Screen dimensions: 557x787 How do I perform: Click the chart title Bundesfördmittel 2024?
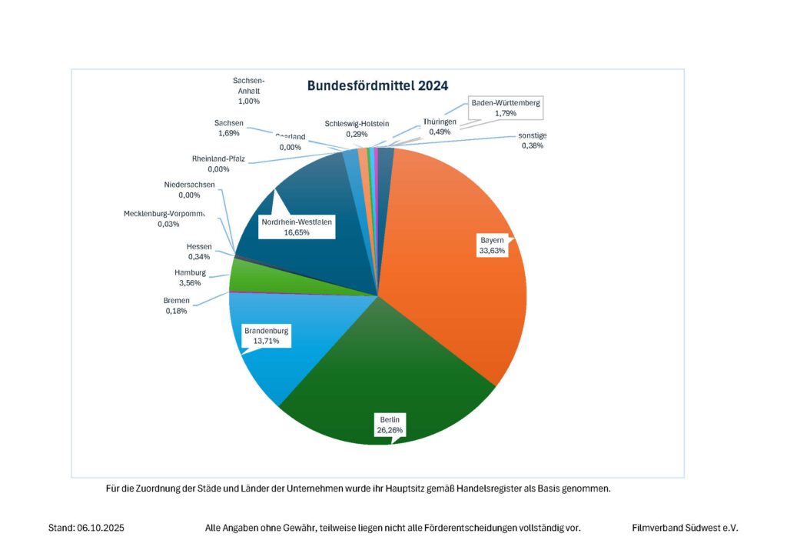[377, 85]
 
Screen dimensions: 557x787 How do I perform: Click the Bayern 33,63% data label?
[493, 245]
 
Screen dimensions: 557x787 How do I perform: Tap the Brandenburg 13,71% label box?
[267, 335]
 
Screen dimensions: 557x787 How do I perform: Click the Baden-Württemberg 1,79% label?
[506, 108]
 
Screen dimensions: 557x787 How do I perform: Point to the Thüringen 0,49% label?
[440, 127]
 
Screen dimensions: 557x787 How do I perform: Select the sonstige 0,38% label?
[531, 141]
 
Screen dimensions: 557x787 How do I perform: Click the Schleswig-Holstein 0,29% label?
[357, 128]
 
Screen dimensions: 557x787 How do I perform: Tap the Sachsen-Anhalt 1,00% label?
[249, 90]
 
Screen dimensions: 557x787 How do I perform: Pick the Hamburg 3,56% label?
[190, 278]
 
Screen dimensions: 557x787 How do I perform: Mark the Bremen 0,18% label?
[177, 305]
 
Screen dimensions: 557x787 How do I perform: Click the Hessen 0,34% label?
[199, 251]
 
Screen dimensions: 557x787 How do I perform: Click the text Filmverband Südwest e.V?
[684, 528]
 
